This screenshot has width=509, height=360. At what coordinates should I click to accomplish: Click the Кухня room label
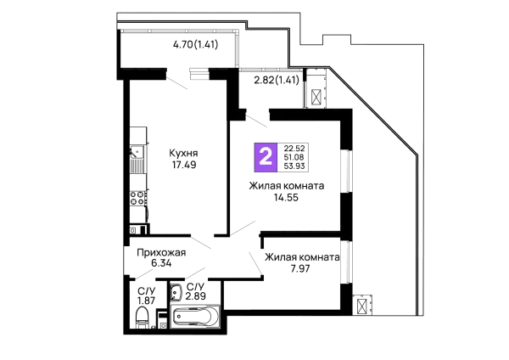point(184,153)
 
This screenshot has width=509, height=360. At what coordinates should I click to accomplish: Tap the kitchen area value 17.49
point(184,165)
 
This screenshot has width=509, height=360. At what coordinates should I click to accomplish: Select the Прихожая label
point(161,252)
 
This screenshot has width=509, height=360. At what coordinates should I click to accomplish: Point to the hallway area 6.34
point(161,263)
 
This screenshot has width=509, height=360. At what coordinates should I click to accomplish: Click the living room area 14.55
point(287,197)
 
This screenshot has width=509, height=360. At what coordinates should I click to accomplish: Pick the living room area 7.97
point(300,268)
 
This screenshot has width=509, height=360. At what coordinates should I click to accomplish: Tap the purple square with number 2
point(266,157)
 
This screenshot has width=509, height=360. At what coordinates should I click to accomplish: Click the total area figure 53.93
point(294,166)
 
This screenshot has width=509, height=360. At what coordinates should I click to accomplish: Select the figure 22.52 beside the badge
point(294,149)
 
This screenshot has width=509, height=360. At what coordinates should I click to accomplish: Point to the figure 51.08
point(294,157)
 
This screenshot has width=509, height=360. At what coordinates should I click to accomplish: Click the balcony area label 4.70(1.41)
point(195,44)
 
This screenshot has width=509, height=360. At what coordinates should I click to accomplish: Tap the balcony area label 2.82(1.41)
point(277,80)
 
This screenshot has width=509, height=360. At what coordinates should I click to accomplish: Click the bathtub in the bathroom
point(195,316)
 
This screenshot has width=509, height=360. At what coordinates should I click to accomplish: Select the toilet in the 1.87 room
point(142,318)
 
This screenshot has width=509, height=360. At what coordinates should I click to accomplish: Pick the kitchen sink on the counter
point(137,152)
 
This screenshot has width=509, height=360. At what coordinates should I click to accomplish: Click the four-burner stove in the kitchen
point(137,198)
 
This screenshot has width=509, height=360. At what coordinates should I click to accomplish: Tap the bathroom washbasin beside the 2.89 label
point(176,292)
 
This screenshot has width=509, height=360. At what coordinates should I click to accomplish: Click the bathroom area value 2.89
point(196,296)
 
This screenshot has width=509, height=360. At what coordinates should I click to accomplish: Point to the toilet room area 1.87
point(146,301)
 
